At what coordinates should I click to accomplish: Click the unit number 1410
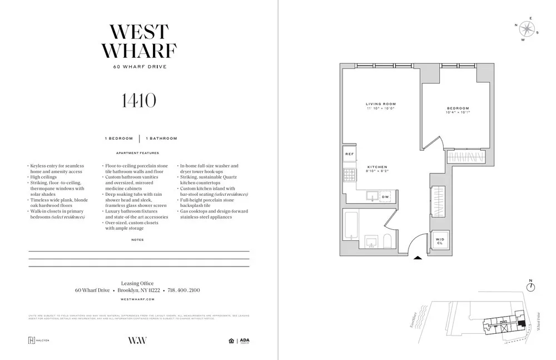click(x=138, y=101)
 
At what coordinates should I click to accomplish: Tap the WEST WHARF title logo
click(x=138, y=41)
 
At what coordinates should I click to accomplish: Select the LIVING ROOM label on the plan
click(x=380, y=104)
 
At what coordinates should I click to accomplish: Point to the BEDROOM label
click(x=458, y=108)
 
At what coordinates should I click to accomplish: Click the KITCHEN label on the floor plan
click(x=376, y=167)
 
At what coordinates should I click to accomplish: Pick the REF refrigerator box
click(x=349, y=154)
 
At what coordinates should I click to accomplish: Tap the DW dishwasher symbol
click(x=385, y=197)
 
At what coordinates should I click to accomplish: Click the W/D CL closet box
click(x=440, y=240)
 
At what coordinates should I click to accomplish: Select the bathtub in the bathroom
click(x=352, y=230)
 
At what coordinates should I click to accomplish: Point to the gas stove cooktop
click(x=349, y=176)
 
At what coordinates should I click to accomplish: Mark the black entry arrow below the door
click(x=418, y=258)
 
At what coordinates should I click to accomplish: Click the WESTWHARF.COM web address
click(x=138, y=299)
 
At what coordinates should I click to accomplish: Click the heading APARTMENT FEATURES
click(x=137, y=152)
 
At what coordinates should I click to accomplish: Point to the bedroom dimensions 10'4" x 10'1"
click(x=458, y=112)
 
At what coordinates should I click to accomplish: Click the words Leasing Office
click(x=137, y=283)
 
